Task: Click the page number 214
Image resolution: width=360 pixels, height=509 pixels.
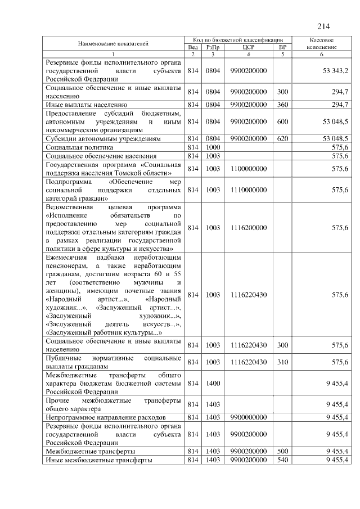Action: pos(323,26)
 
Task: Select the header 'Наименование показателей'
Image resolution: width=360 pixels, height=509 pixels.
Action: pos(113,43)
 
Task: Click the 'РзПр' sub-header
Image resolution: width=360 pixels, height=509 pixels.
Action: pos(213,47)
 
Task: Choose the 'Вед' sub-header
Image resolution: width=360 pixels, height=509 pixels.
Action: pos(193,47)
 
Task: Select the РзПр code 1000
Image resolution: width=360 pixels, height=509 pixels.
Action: pos(213,146)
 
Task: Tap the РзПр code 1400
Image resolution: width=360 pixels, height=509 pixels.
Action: pos(213,383)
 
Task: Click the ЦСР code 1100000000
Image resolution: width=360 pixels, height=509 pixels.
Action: pos(248,168)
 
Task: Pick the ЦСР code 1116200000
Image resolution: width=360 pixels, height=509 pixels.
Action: pos(248,228)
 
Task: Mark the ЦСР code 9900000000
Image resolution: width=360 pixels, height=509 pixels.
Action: pos(248,417)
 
